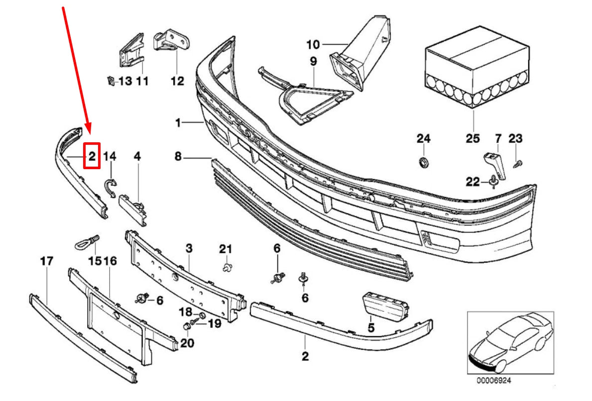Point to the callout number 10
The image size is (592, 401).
pyautogui.click(x=313, y=45)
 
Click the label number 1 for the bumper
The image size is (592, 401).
pyautogui.click(x=178, y=122)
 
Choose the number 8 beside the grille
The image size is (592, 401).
pyautogui.click(x=178, y=157)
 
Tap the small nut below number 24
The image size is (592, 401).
pyautogui.click(x=424, y=162)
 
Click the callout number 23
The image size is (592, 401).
pyautogui.click(x=515, y=138)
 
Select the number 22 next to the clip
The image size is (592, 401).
pyautogui.click(x=473, y=182)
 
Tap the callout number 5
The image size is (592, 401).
pyautogui.click(x=370, y=328)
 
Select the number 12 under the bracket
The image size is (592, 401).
pyautogui.click(x=177, y=81)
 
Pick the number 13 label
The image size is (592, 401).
pyautogui.click(x=125, y=81)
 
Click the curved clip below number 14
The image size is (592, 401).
pyautogui.click(x=110, y=188)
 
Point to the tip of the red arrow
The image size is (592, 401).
pyautogui.click(x=89, y=135)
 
